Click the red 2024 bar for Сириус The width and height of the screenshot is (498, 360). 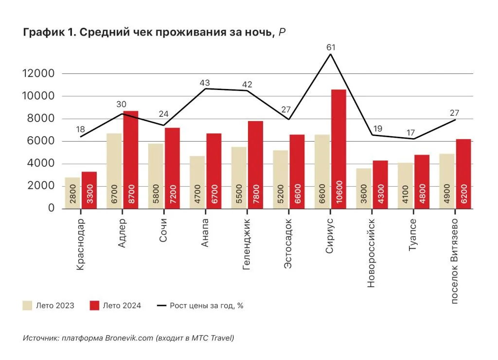[338, 146]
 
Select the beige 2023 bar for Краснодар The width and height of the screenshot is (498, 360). [72, 193]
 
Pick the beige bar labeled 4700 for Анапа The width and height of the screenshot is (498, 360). [197, 182]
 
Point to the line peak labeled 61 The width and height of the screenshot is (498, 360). [331, 54]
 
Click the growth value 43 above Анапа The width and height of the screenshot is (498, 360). [205, 83]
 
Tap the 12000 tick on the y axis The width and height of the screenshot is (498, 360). [38, 74]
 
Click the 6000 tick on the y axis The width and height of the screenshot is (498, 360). [41, 142]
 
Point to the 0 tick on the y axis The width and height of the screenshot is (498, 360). [51, 209]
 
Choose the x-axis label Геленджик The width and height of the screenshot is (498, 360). [247, 241]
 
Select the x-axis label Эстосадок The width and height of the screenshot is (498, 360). [288, 242]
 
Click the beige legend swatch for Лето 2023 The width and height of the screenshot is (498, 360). [27, 306]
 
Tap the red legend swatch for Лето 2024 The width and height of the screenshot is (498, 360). [95, 306]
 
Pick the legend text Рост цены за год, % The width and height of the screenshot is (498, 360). [206, 306]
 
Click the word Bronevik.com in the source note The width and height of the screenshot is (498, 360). [129, 338]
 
